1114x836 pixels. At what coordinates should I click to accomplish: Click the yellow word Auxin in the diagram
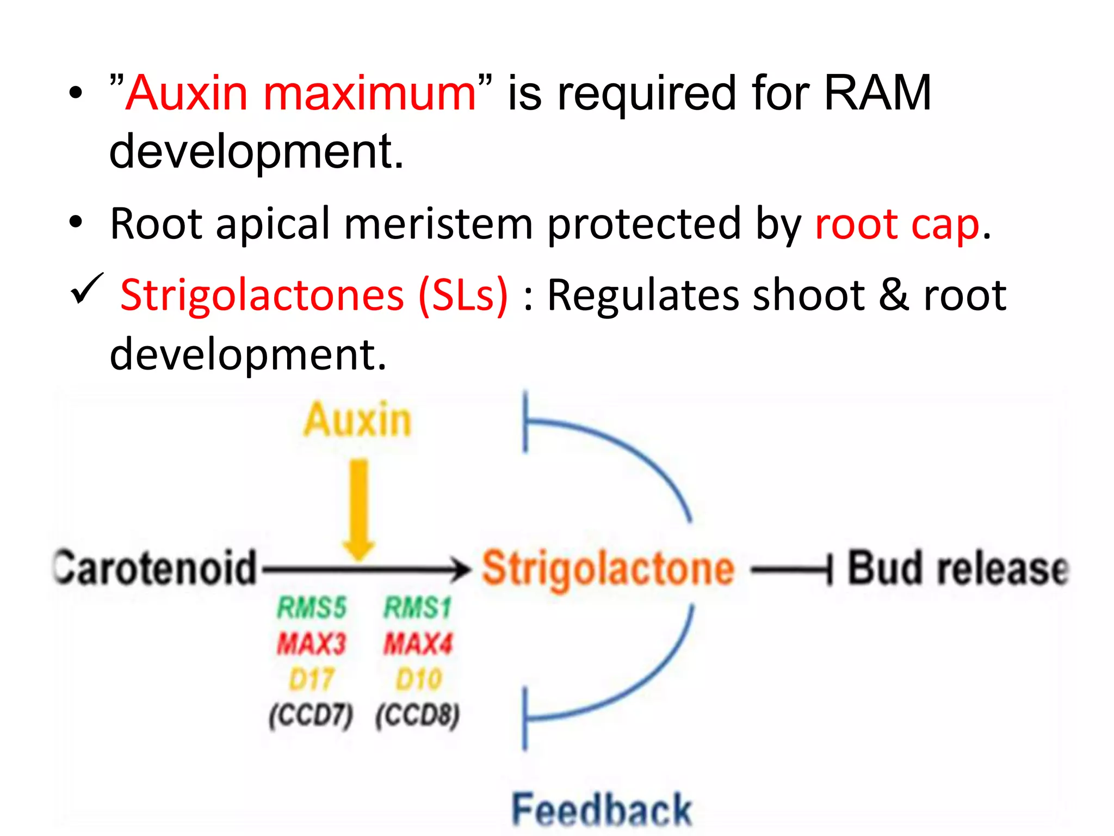coord(357,420)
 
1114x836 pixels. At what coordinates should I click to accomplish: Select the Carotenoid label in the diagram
coord(155,568)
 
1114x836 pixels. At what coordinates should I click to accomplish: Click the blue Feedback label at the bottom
coord(602,810)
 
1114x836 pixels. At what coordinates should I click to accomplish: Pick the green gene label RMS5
coord(312,607)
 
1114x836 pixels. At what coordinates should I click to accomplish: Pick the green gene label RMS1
coord(418,607)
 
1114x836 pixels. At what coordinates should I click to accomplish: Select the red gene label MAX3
coord(312,644)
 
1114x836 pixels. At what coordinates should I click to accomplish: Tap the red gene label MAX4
coord(418,644)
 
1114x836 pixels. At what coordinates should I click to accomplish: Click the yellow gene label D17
coord(312,680)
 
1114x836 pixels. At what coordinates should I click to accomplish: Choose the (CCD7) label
coord(311,715)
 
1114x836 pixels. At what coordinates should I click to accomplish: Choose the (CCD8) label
coord(418,715)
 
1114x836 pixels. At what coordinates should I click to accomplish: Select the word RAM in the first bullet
coord(877,93)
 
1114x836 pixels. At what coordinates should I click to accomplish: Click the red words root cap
coord(897,224)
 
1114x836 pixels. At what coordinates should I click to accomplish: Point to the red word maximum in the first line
coord(369,93)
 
